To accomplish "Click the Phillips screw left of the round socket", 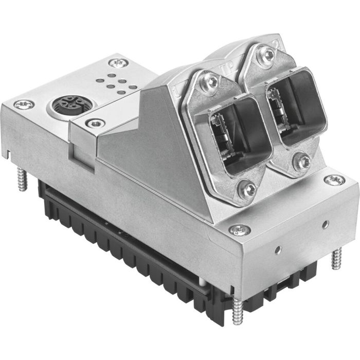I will (24, 104).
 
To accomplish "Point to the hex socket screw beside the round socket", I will (93, 123).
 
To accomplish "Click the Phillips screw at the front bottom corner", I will (240, 230).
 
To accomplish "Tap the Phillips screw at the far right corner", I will (334, 179).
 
